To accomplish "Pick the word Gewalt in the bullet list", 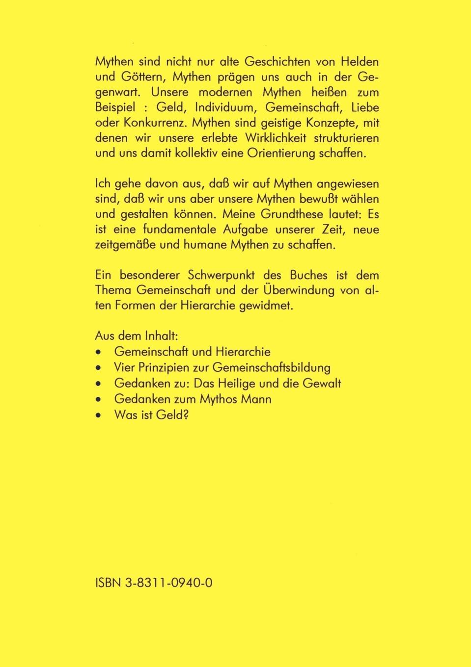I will pos(322,383).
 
